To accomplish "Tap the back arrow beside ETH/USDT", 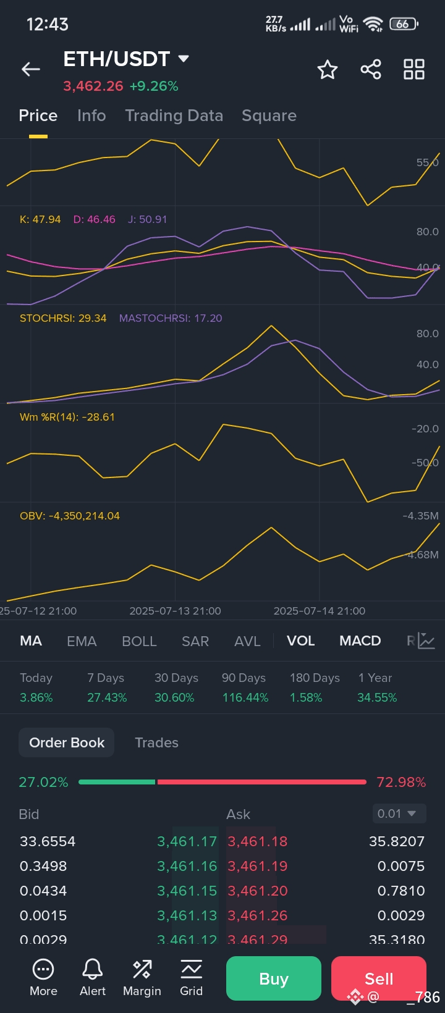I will (31, 70).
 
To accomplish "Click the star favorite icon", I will (327, 70).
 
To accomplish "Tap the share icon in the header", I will (371, 69).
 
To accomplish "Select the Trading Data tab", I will (174, 116).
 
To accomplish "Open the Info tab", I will (91, 116).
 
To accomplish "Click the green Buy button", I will (274, 978).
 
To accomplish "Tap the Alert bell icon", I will (93, 977).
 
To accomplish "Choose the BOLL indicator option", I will (139, 641).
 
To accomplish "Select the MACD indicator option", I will (360, 641).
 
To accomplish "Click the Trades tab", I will (156, 742).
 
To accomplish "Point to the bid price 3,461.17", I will (187, 841).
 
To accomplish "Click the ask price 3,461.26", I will (258, 915).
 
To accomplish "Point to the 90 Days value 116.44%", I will (245, 697).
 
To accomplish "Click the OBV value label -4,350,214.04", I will (70, 516).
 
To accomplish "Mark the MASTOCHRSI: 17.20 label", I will (171, 318).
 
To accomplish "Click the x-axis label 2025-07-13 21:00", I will (175, 611).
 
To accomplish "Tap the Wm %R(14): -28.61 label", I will (67, 417).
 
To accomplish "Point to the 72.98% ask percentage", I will (401, 782).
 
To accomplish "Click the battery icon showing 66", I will (404, 24).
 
